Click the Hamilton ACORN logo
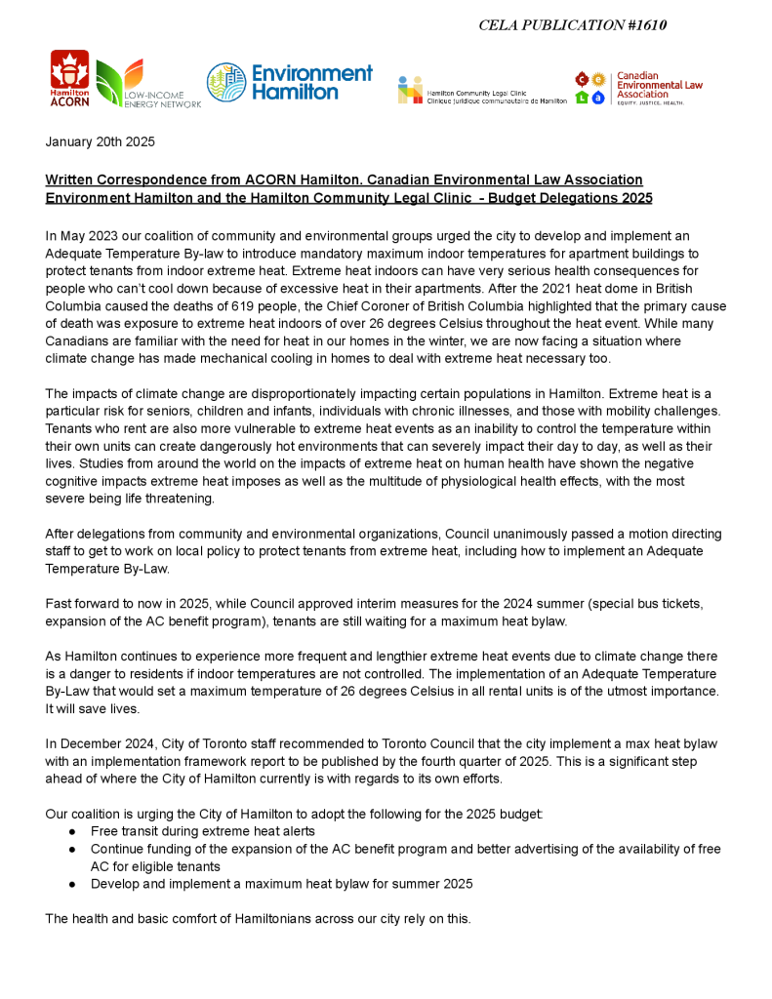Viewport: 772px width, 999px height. click(69, 78)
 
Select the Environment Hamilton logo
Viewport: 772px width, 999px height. click(289, 83)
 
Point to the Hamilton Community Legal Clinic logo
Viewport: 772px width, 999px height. click(481, 91)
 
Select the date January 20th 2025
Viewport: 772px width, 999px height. click(100, 141)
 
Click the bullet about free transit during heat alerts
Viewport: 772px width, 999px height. click(203, 831)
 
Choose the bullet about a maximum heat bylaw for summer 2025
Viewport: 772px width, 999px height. click(281, 884)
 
